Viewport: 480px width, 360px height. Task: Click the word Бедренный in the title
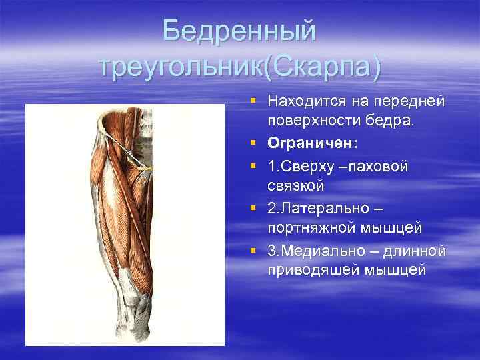239,31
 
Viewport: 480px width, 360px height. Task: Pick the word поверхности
307,122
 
